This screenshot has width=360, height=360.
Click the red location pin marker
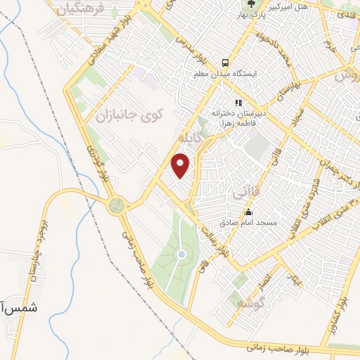click(x=181, y=165)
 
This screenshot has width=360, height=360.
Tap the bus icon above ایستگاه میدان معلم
click(x=225, y=62)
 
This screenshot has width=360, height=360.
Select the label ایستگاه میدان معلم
click(x=225, y=73)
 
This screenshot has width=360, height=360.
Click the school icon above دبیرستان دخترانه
click(x=238, y=102)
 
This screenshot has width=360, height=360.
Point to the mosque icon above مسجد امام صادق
click(x=247, y=212)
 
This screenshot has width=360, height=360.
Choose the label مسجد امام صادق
click(x=247, y=223)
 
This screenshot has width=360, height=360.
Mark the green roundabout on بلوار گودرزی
click(x=116, y=206)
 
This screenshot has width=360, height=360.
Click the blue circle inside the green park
click(x=182, y=254)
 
